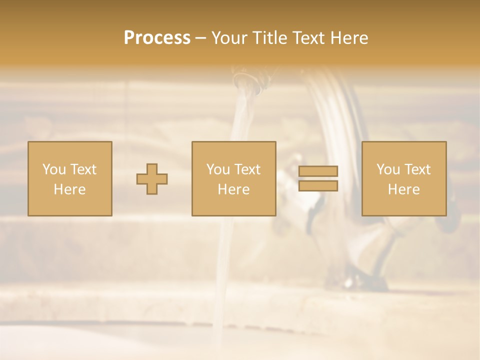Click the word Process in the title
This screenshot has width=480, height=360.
157,38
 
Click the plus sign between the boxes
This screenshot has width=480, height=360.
152,179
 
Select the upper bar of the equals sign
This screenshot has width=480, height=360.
318,171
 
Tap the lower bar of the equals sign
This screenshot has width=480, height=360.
318,185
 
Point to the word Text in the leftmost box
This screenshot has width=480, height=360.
83,169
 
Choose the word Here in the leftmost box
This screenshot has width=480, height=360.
69,189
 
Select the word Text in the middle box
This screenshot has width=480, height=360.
247,169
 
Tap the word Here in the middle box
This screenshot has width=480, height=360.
233,189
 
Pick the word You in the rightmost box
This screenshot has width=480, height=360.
388,169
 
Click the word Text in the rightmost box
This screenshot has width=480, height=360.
417,169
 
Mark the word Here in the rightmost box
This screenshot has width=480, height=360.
403,189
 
